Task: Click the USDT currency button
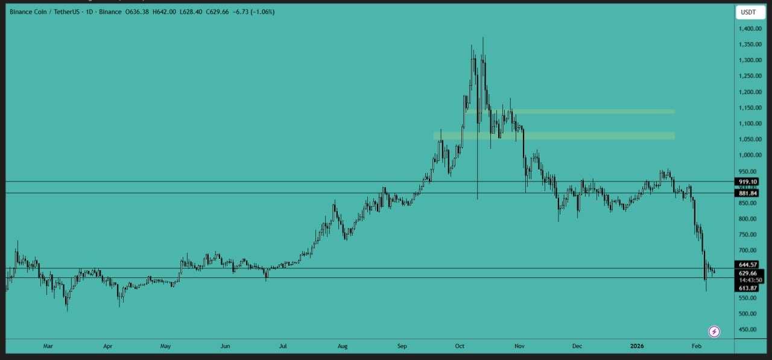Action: (748, 11)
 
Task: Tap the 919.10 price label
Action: (747, 182)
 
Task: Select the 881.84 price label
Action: (747, 193)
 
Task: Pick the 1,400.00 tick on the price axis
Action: (748, 29)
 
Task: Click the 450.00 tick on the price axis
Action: (748, 329)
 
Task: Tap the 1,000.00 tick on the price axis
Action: (748, 155)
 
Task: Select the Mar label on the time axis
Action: (48, 346)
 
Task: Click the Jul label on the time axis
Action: (283, 346)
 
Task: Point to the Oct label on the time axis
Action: (460, 346)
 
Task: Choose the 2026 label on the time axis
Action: (637, 346)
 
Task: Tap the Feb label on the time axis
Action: (696, 346)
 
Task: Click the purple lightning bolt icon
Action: (714, 331)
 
